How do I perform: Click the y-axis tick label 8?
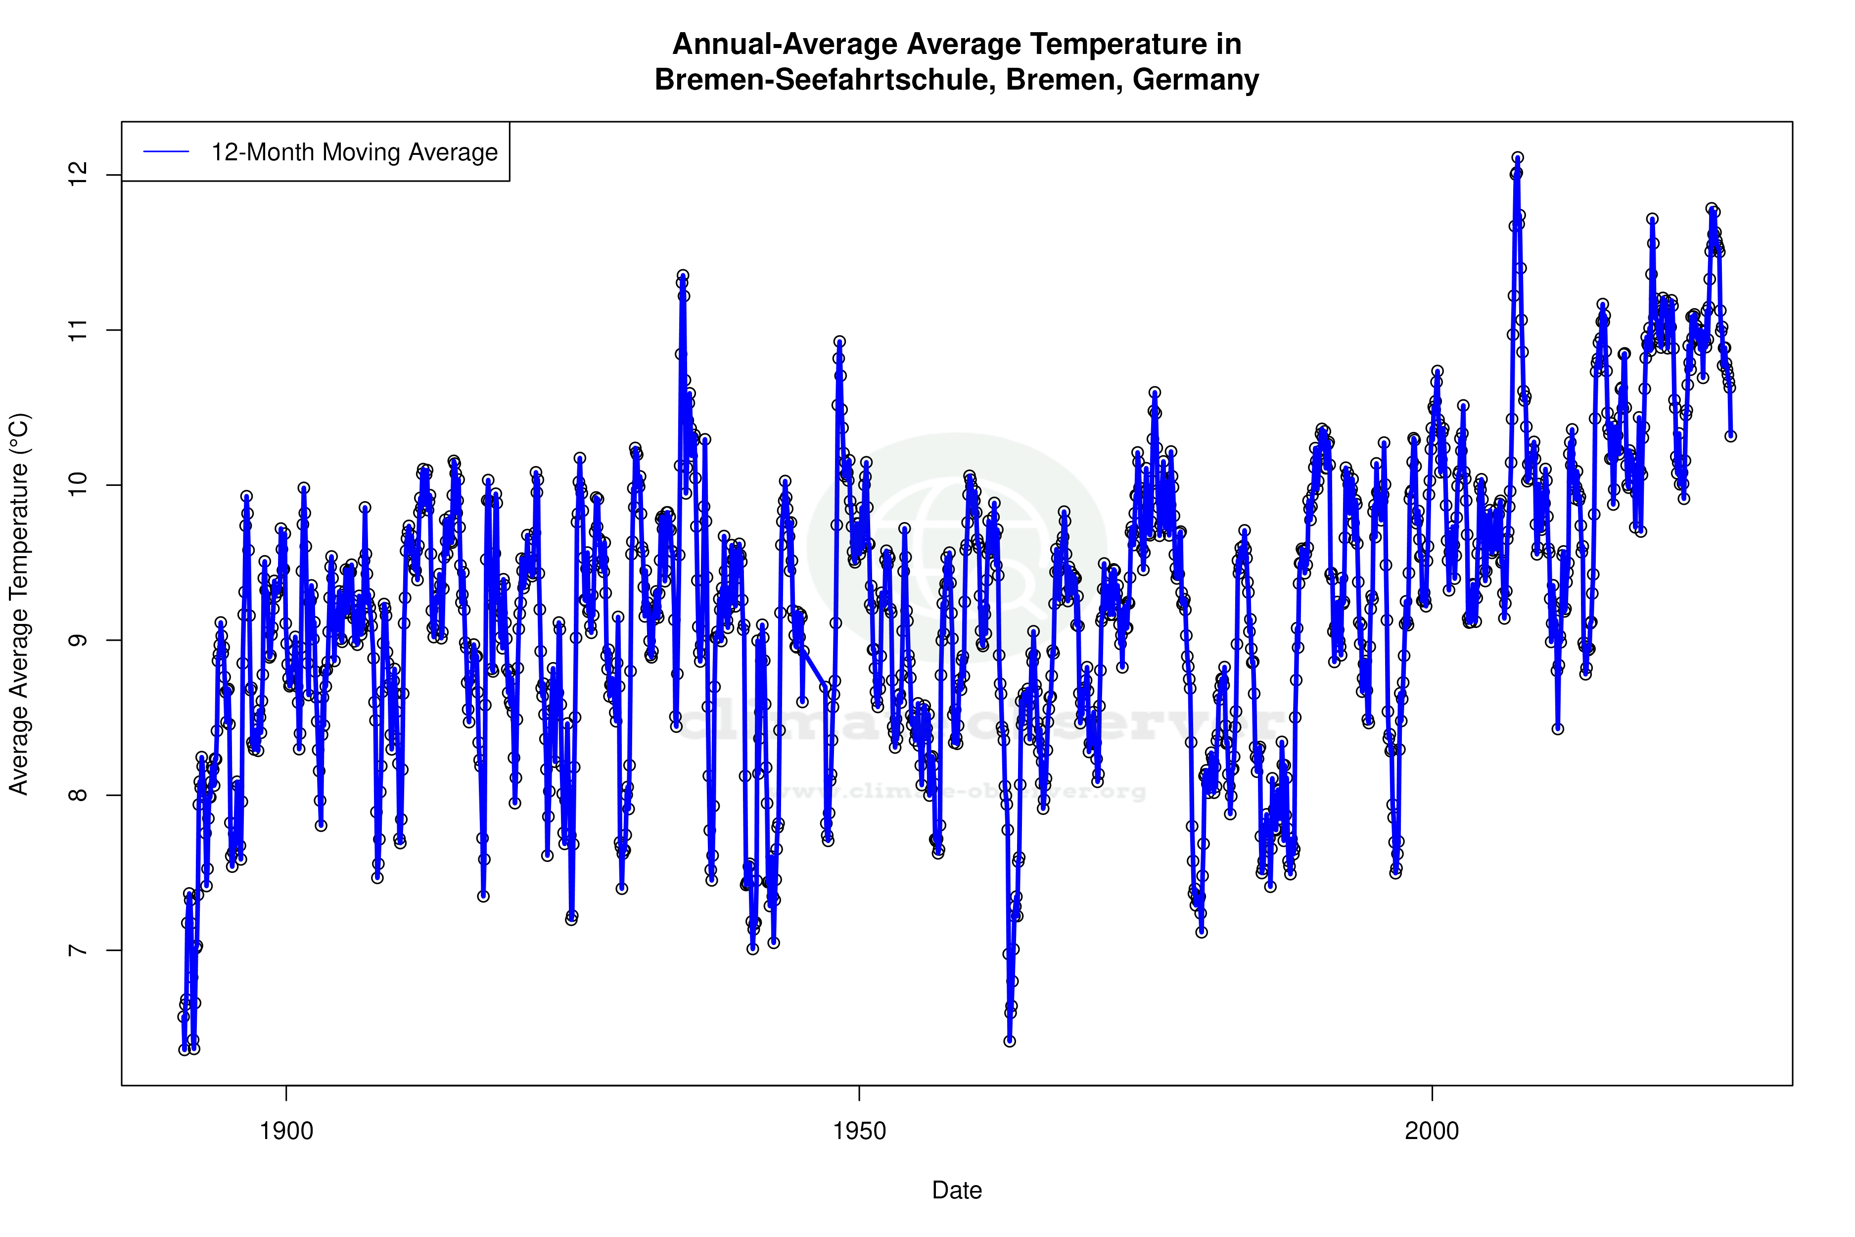tap(77, 795)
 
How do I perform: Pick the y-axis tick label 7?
tap(77, 950)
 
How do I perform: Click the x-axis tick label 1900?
tap(286, 1131)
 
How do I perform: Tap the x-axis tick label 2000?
tap(1432, 1131)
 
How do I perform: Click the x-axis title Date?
tap(957, 1190)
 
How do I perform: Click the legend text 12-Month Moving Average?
tap(354, 152)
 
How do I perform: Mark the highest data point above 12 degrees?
tap(1518, 158)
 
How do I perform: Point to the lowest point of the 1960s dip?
tap(1010, 1042)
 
